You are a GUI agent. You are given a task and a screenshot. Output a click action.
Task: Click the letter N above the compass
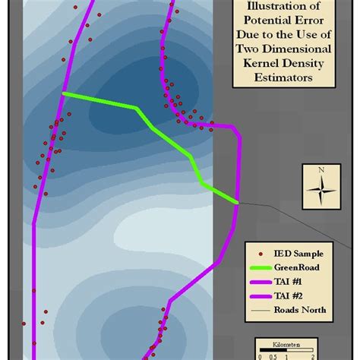(x=321, y=169)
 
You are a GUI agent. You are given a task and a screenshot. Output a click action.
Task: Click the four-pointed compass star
(x=321, y=187)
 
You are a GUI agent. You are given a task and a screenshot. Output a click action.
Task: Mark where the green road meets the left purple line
(x=63, y=93)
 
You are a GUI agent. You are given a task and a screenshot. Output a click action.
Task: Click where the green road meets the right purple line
(x=237, y=202)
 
